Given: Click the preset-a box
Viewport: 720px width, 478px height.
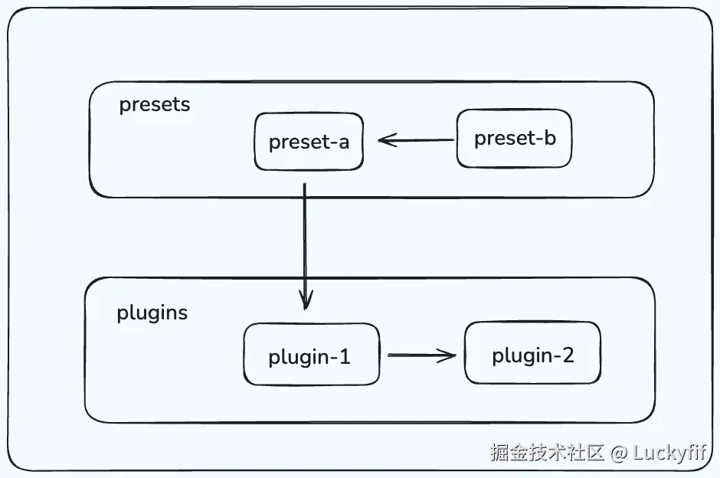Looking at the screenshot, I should (308, 142).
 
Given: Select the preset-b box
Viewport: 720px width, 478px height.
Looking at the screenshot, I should (514, 139).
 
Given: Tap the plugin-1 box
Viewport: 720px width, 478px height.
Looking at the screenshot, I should (311, 355).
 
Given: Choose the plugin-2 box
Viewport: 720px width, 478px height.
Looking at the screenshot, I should (532, 353).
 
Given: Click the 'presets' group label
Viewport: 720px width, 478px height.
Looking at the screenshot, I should (154, 104).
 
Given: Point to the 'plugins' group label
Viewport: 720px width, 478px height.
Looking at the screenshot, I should (152, 313).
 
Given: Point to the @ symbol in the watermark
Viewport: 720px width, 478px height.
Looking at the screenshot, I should (618, 452).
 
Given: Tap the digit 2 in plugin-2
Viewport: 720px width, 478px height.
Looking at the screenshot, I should (566, 355).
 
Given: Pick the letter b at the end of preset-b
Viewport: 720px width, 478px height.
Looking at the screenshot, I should (548, 138).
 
